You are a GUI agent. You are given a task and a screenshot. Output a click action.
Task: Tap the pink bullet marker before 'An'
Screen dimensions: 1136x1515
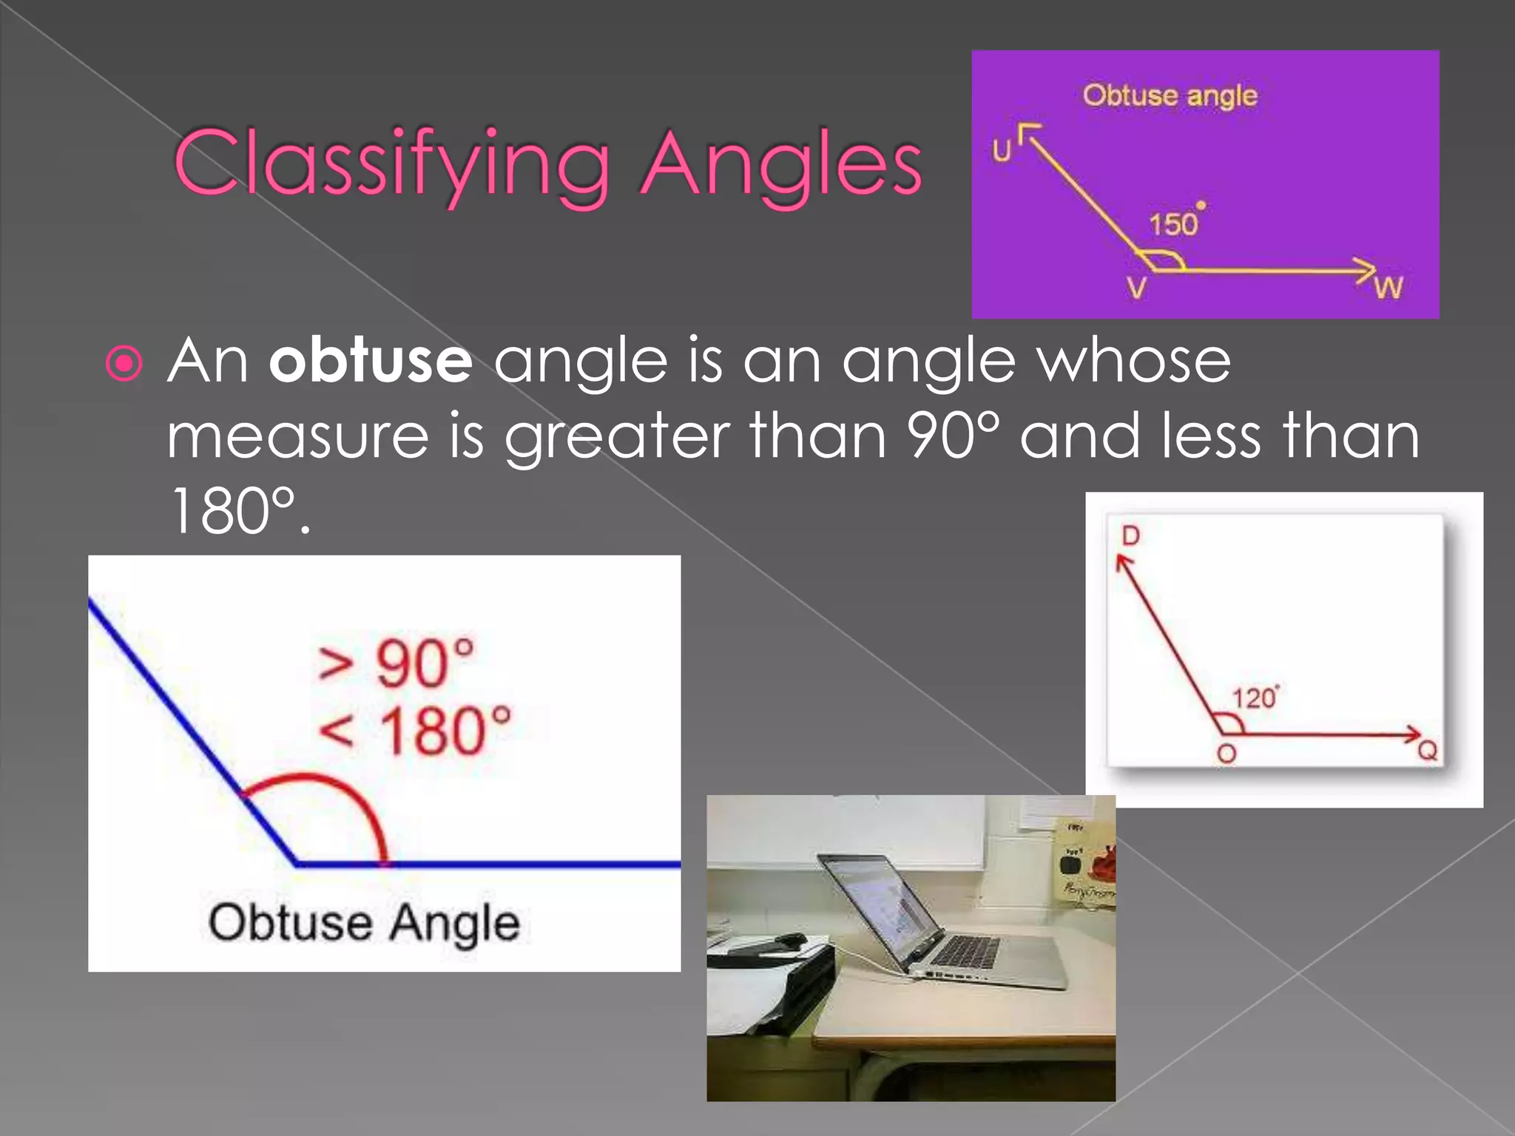124,363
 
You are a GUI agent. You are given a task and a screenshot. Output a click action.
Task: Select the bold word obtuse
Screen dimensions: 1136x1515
370,361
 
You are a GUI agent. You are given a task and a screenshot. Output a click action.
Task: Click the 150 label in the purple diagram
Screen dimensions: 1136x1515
1173,224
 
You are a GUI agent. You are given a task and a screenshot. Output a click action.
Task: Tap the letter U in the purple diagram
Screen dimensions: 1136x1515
1002,151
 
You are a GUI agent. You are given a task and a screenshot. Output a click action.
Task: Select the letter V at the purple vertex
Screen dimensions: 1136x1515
1136,288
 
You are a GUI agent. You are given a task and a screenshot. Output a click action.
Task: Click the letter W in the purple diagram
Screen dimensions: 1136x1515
1389,288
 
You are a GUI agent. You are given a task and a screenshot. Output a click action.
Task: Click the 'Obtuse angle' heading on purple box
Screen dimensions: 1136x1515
1170,95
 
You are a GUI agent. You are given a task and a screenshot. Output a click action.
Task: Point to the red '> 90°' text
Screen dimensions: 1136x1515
396,662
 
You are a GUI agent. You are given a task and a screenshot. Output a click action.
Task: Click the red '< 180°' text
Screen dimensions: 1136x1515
414,731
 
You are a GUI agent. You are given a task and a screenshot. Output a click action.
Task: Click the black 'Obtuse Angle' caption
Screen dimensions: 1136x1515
364,923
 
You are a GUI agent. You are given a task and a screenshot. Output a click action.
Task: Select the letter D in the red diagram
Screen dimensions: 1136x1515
1130,535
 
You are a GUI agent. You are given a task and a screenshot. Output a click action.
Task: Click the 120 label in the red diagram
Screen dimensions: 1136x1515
1254,697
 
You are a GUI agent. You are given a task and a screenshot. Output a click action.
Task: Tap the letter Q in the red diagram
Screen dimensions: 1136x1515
1427,751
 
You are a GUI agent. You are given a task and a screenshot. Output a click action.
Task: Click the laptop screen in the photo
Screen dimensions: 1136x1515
880,906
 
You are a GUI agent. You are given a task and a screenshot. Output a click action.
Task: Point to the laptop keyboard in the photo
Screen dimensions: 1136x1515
965,950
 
